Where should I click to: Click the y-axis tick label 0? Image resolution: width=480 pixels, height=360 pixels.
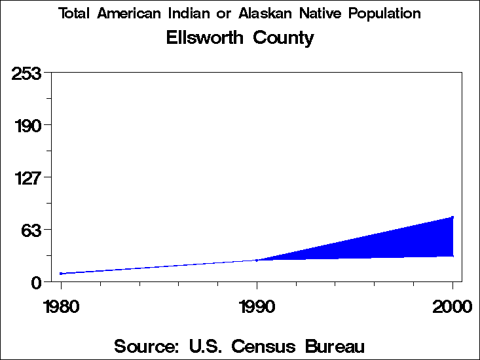[x=37, y=282]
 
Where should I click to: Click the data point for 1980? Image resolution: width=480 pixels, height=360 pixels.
[x=61, y=274]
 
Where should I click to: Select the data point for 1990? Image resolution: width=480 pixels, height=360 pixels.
[x=257, y=261]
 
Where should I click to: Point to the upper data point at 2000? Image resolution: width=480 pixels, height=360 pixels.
[x=452, y=217]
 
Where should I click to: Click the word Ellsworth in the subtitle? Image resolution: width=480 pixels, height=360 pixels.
[x=202, y=38]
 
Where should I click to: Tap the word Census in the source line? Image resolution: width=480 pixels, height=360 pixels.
[x=270, y=345]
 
